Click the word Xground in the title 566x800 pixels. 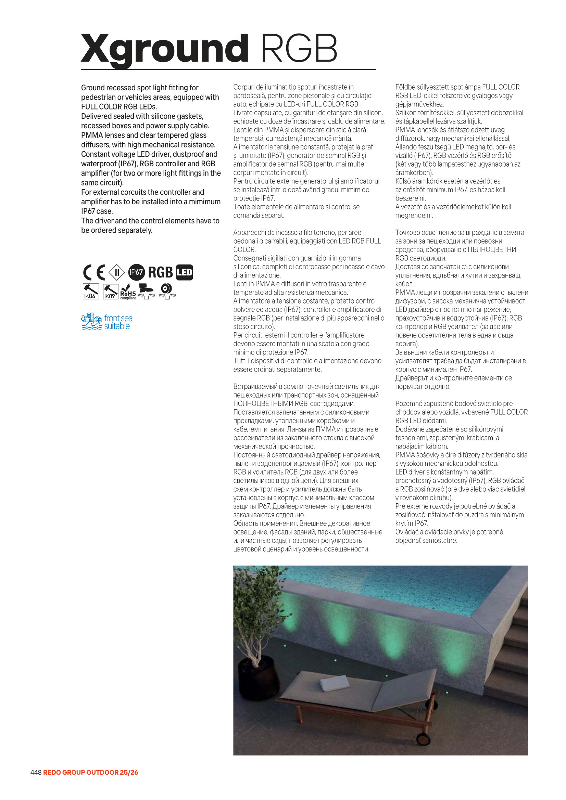click(x=164, y=49)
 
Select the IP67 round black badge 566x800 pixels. click(x=136, y=272)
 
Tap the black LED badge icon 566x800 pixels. click(x=185, y=272)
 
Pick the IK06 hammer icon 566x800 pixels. click(x=91, y=291)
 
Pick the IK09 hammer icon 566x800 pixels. click(x=111, y=291)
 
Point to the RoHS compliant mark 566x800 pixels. click(x=128, y=291)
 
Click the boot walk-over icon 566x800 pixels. click(x=147, y=291)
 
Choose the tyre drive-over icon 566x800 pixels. click(x=167, y=291)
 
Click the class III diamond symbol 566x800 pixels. click(x=117, y=272)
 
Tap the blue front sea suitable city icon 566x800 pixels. click(x=92, y=321)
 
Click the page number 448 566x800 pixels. click(x=36, y=773)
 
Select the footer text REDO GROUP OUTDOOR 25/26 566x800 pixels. click(x=91, y=773)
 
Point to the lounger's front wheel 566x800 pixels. click(x=423, y=738)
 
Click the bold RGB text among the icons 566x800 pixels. click(x=161, y=272)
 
